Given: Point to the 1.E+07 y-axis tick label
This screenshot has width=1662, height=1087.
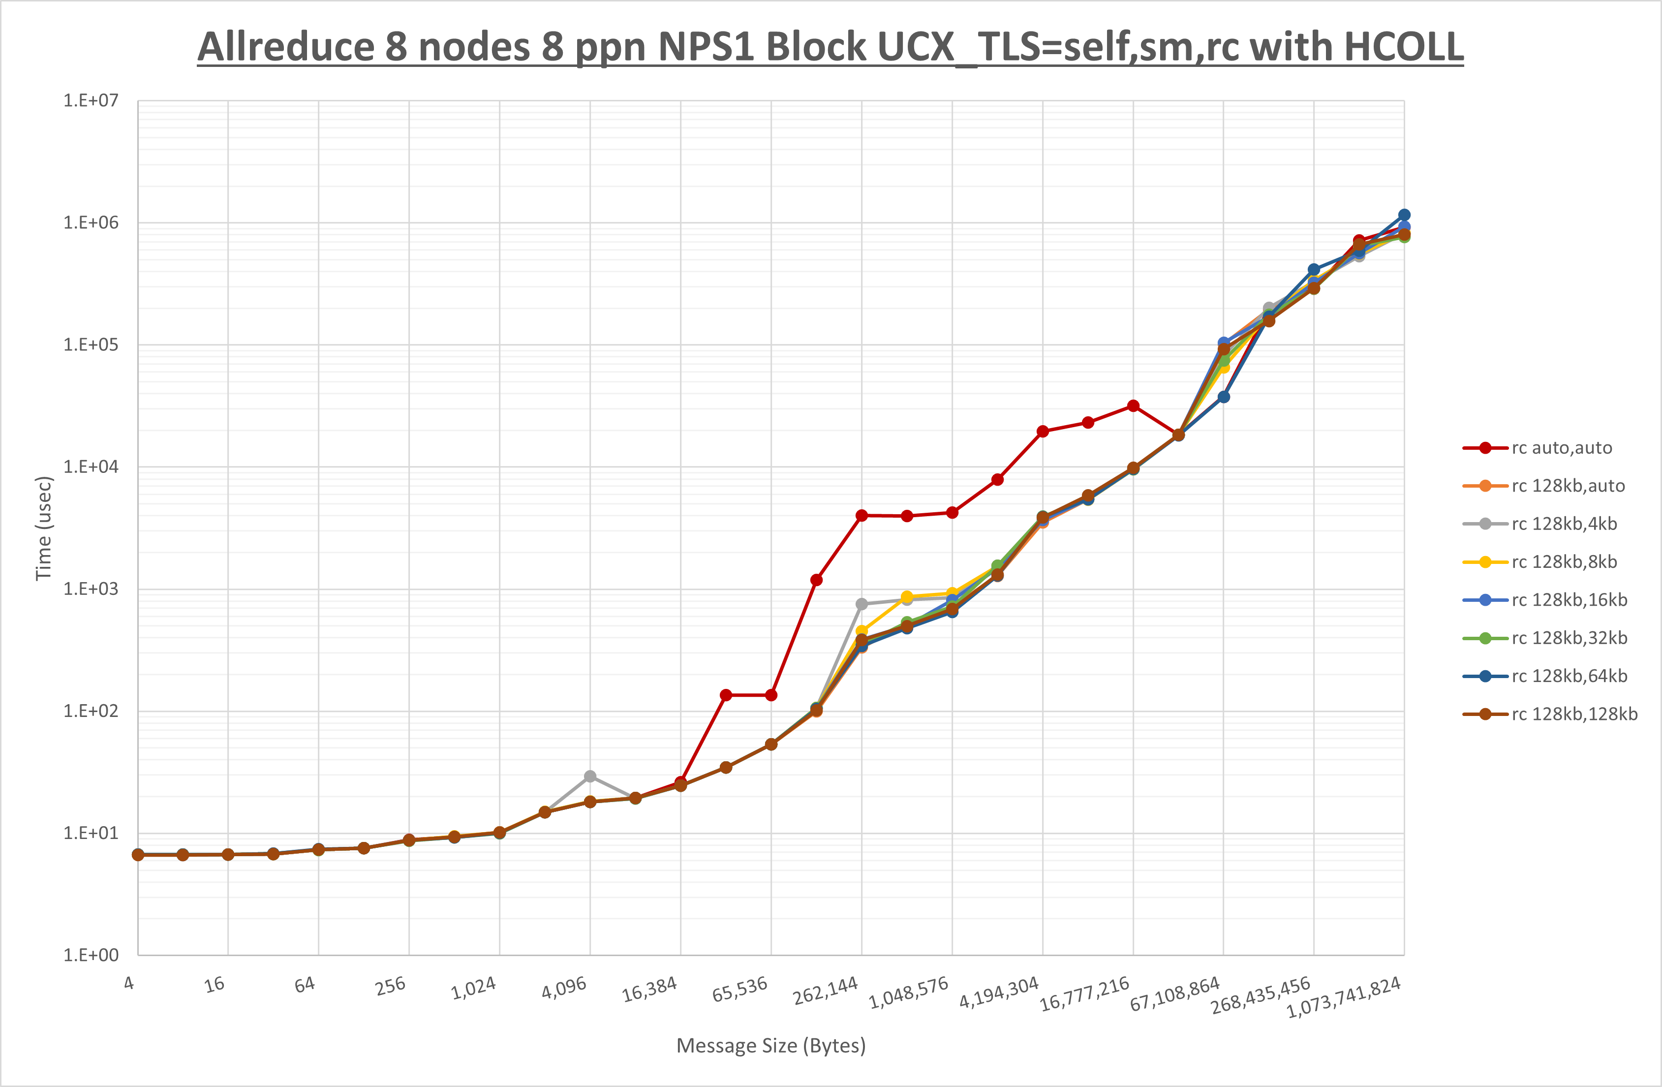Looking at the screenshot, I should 91,100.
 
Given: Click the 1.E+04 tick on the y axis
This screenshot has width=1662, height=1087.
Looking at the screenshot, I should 91,466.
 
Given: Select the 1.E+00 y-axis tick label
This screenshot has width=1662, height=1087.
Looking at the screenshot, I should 91,955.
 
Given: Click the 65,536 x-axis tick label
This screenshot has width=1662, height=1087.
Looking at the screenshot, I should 739,989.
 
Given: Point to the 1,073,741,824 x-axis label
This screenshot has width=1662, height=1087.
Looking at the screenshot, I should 1344,997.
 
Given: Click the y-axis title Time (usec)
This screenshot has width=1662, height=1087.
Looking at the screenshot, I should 44,528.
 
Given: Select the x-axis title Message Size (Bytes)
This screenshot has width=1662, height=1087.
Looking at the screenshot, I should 771,1046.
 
